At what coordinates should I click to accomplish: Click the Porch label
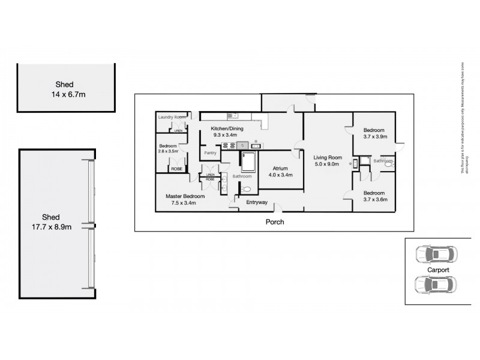[274, 222]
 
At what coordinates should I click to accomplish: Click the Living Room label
[327, 158]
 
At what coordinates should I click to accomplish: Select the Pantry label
[210, 153]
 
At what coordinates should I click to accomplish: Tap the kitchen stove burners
[229, 145]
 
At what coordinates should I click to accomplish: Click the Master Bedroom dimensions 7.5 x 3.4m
[184, 202]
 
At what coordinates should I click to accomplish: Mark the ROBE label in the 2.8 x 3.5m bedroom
[177, 169]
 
